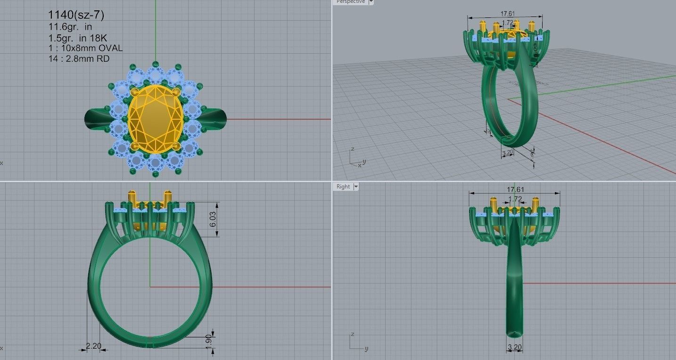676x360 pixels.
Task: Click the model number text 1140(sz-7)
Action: pos(76,15)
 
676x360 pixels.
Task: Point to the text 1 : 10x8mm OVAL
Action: pos(85,48)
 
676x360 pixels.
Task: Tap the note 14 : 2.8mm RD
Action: pos(79,58)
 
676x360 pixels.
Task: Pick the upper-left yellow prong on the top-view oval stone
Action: pos(134,91)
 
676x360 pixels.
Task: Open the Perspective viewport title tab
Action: pos(350,2)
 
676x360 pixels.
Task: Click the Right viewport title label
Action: pos(343,187)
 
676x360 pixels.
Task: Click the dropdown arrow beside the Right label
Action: pos(356,187)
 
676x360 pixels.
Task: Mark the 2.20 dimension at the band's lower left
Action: pos(93,346)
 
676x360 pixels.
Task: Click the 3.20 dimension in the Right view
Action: pos(514,348)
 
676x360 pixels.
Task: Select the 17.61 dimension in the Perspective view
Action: pos(505,14)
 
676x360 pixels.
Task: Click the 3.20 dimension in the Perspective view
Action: pos(508,153)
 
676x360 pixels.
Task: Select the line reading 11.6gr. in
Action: pos(70,27)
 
